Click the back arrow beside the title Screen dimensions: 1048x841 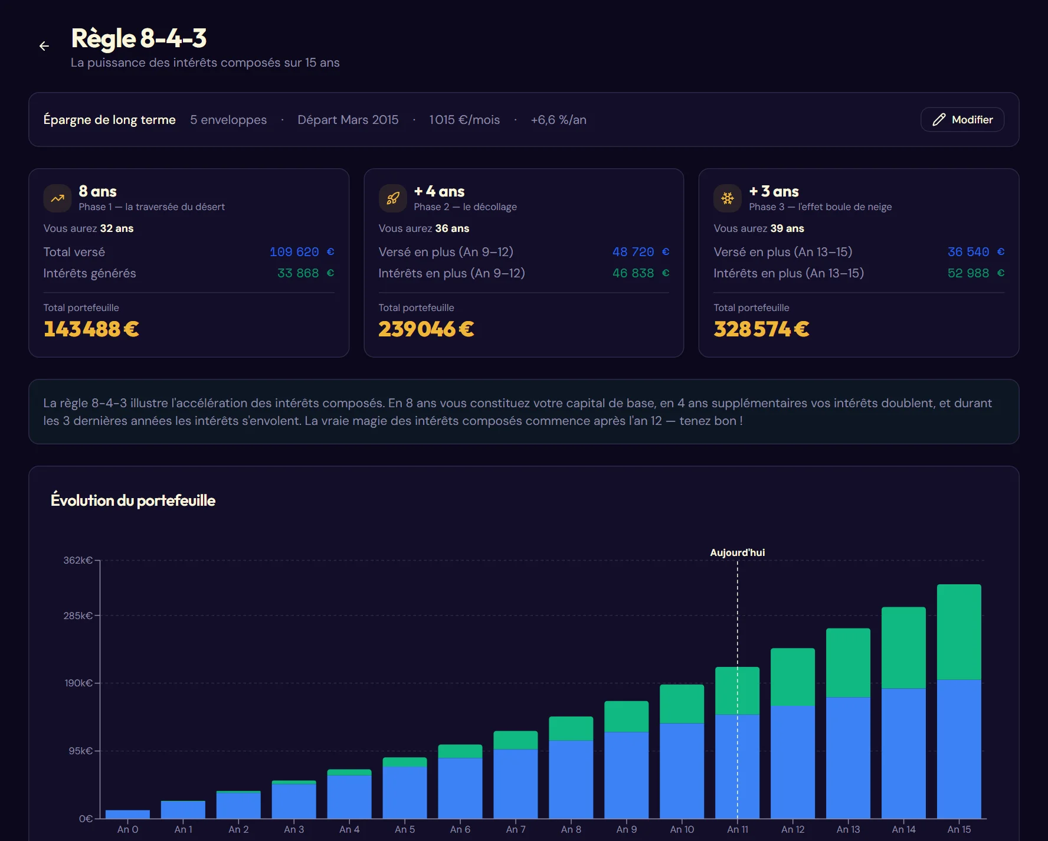tap(44, 46)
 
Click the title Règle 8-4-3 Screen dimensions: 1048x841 tap(139, 38)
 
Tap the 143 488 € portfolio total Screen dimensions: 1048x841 tap(91, 329)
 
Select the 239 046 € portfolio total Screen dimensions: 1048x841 tap(426, 329)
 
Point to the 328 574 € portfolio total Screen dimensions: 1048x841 tap(761, 329)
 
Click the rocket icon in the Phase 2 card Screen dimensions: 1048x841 tap(392, 198)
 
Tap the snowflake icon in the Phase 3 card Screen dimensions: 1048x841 tap(728, 198)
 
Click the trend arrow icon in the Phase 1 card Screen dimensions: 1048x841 tap(57, 198)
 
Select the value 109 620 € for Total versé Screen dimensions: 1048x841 tap(302, 252)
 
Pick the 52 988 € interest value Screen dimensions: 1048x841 tap(976, 273)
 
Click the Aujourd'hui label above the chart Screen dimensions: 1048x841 tap(737, 552)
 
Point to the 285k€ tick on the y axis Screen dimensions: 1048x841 tap(78, 616)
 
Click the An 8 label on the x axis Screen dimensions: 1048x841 tap(571, 829)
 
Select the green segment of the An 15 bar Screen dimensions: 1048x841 tap(959, 631)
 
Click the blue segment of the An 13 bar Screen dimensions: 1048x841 tap(848, 758)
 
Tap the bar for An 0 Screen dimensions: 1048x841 tap(127, 814)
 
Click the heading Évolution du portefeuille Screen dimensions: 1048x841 tap(133, 500)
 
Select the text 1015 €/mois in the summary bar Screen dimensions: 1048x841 tap(464, 120)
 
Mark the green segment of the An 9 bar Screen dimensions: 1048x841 tap(626, 716)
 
